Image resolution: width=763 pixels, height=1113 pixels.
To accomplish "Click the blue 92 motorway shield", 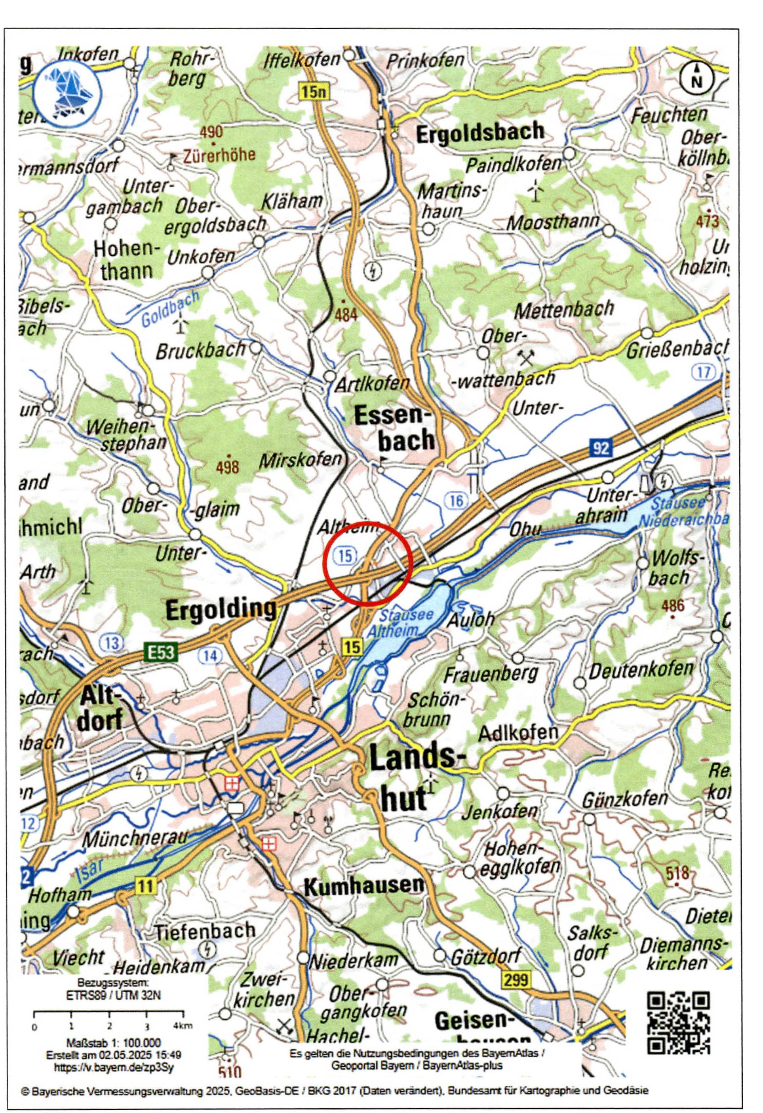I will coord(600,448).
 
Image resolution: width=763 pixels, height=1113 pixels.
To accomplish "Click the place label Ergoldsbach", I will coord(480,132).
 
